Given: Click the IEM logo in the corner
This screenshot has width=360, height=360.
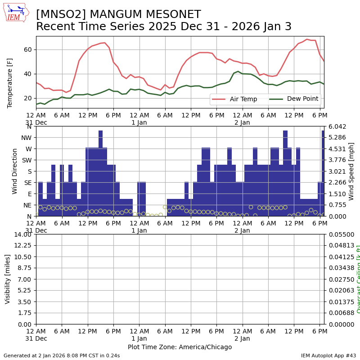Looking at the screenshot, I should [x=15, y=13].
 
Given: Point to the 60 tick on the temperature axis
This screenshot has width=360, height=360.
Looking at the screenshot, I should [x=28, y=49].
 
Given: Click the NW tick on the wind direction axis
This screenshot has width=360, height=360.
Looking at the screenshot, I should [x=27, y=137].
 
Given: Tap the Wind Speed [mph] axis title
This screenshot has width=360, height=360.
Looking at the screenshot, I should [x=351, y=171].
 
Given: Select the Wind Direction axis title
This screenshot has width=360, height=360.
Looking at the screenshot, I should [x=15, y=171].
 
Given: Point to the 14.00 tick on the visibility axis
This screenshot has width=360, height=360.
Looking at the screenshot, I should [x=22, y=234].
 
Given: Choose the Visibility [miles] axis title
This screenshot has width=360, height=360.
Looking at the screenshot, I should [x=8, y=279].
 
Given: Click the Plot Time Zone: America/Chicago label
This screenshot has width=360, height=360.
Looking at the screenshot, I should [x=180, y=347].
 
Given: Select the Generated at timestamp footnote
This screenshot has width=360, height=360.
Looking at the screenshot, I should [x=62, y=355].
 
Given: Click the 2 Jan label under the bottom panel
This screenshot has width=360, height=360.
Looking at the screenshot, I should [x=242, y=338].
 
